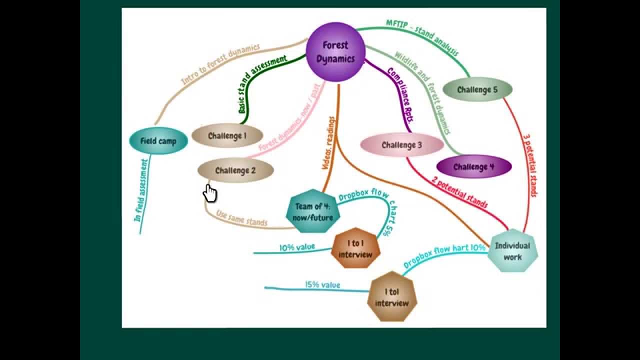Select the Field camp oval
coord(158,141)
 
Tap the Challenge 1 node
coord(227,135)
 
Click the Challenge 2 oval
coord(235,170)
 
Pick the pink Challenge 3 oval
coord(401,145)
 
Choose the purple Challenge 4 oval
coord(473,167)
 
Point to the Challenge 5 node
coord(477,90)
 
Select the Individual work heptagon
coord(512,251)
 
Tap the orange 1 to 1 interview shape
coord(355,248)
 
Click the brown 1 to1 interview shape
coord(392,297)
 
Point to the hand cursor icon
coord(210,193)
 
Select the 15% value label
coord(322,285)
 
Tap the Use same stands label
coord(242,218)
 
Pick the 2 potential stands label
coord(459,193)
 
